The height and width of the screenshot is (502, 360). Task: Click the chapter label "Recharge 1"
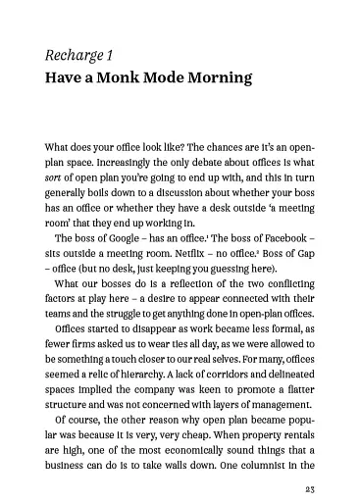(x=79, y=53)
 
